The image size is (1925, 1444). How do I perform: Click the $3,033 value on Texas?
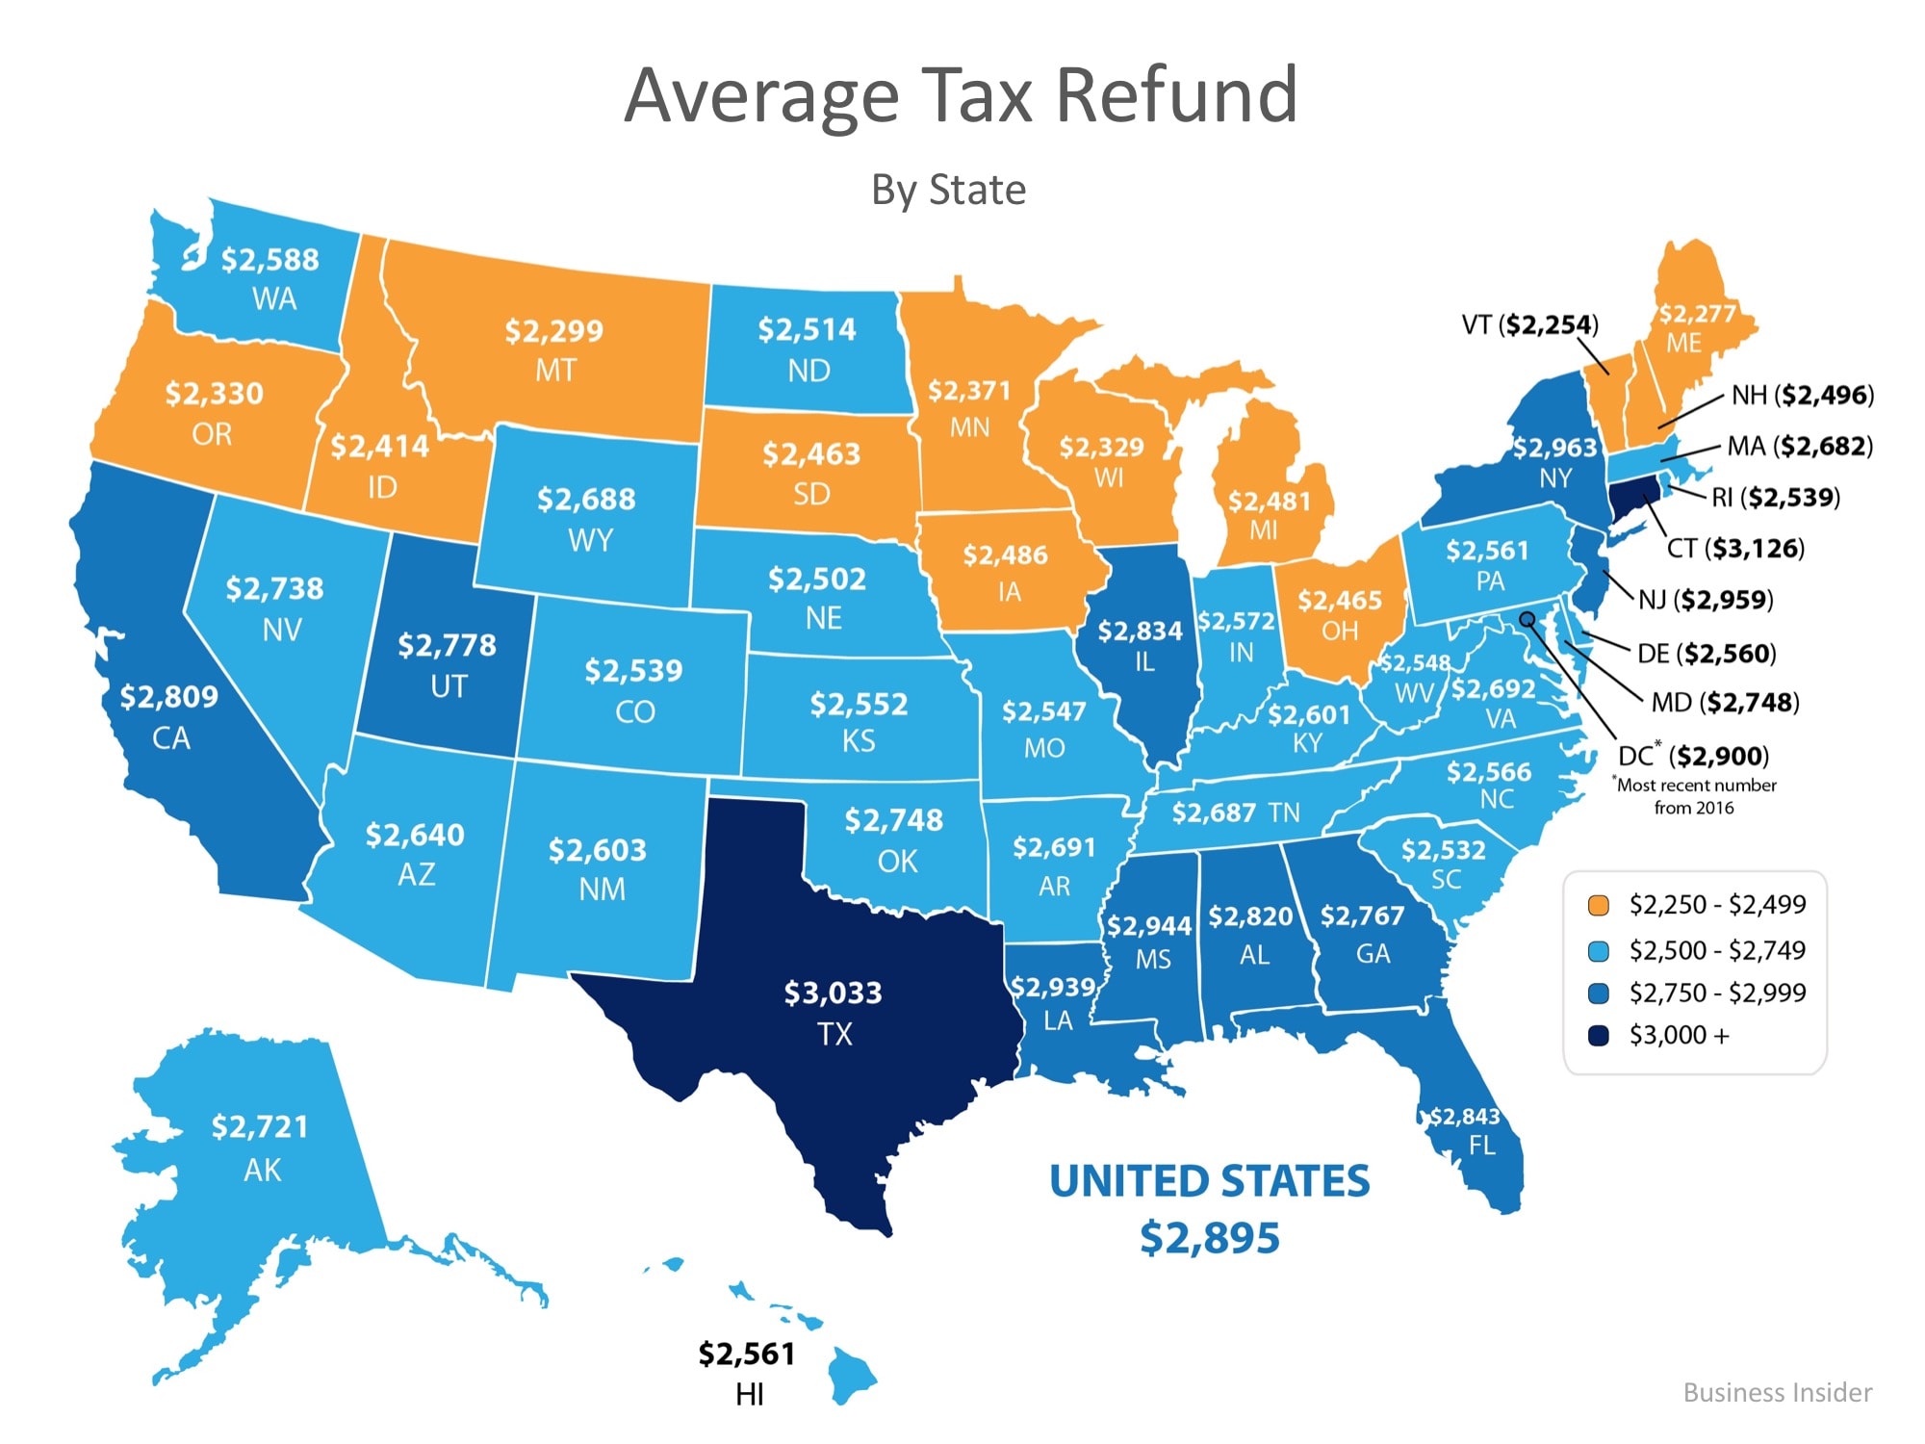(x=833, y=993)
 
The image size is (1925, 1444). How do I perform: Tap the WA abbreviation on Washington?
(x=274, y=298)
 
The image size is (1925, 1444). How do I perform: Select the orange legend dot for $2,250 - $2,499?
(x=1599, y=905)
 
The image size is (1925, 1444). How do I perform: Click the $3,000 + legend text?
(x=1679, y=1035)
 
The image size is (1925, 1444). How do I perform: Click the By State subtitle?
(x=948, y=190)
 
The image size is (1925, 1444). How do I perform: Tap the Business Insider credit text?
(x=1777, y=1392)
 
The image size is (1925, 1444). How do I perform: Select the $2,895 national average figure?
(x=1210, y=1237)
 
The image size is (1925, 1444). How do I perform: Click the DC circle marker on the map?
(x=1527, y=619)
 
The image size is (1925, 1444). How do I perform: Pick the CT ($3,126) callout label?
(x=1735, y=549)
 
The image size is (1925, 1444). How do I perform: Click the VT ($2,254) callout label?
(x=1529, y=324)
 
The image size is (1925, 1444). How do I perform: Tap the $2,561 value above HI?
(x=747, y=1354)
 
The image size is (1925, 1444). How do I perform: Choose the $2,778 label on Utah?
(x=447, y=644)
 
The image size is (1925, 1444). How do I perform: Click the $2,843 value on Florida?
(x=1464, y=1116)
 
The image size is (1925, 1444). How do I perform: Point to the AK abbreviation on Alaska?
(x=262, y=1170)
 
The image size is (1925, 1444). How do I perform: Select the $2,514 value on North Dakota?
(x=807, y=329)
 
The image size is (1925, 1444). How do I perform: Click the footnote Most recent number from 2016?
(x=1695, y=796)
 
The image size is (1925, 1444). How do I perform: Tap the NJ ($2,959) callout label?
(x=1706, y=600)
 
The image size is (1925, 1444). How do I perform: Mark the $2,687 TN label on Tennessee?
(x=1235, y=813)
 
